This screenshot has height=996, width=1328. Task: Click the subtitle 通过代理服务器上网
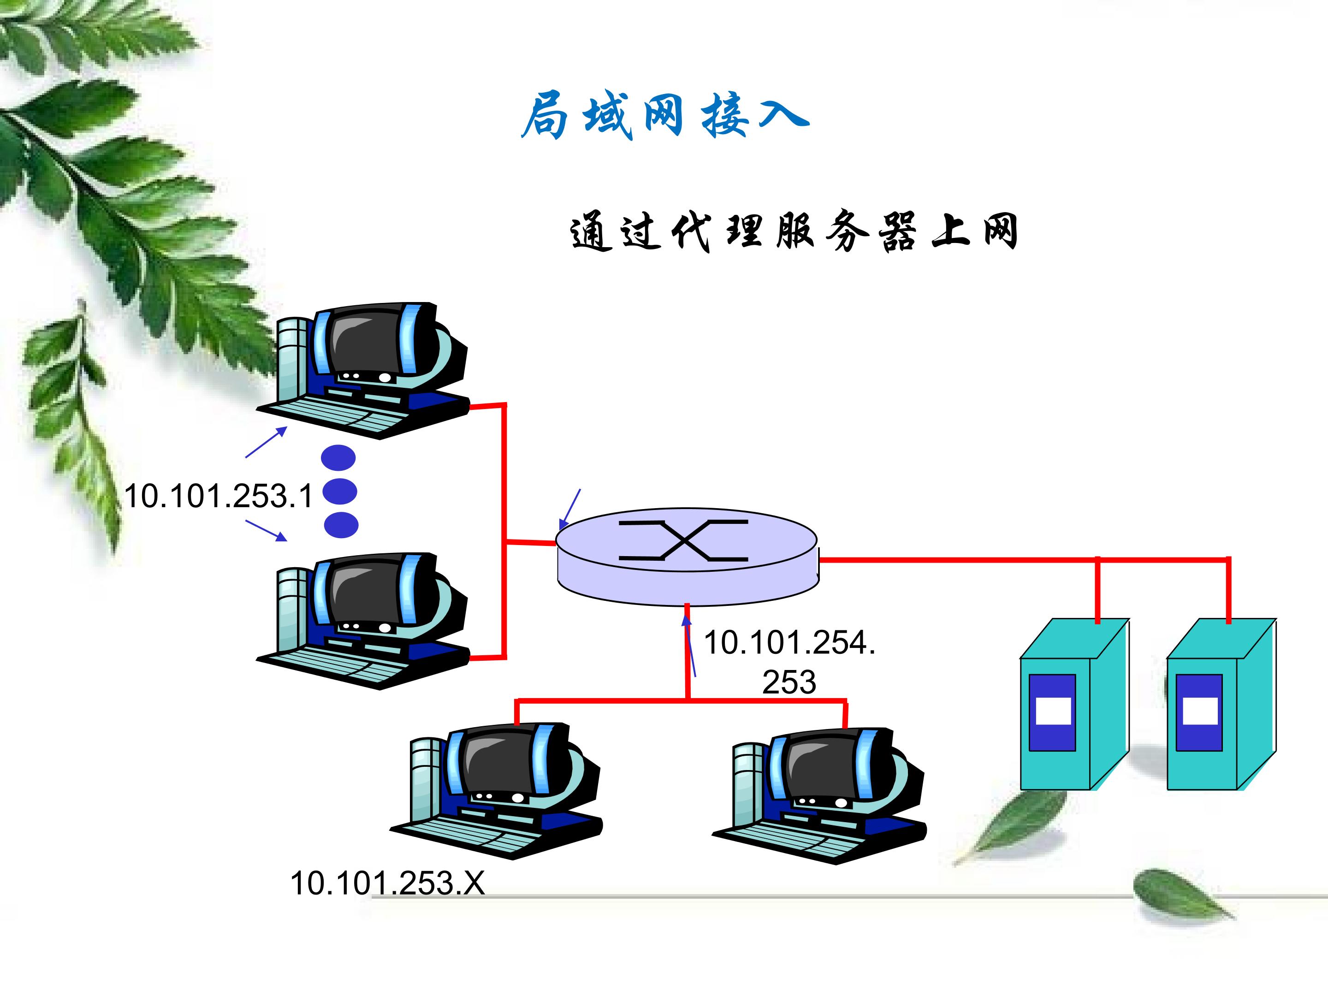(x=794, y=231)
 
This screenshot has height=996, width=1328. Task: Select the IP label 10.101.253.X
(x=387, y=883)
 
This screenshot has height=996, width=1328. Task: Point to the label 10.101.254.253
(x=789, y=662)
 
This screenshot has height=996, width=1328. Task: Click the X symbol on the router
(x=684, y=540)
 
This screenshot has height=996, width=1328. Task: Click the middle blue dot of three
(x=340, y=492)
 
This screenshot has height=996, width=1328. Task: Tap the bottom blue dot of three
(x=341, y=525)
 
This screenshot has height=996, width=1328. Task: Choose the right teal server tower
(x=1221, y=705)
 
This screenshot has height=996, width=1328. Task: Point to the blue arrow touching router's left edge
(x=570, y=509)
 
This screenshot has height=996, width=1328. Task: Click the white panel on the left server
(x=1053, y=711)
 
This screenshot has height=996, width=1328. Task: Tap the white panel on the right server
(x=1199, y=711)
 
